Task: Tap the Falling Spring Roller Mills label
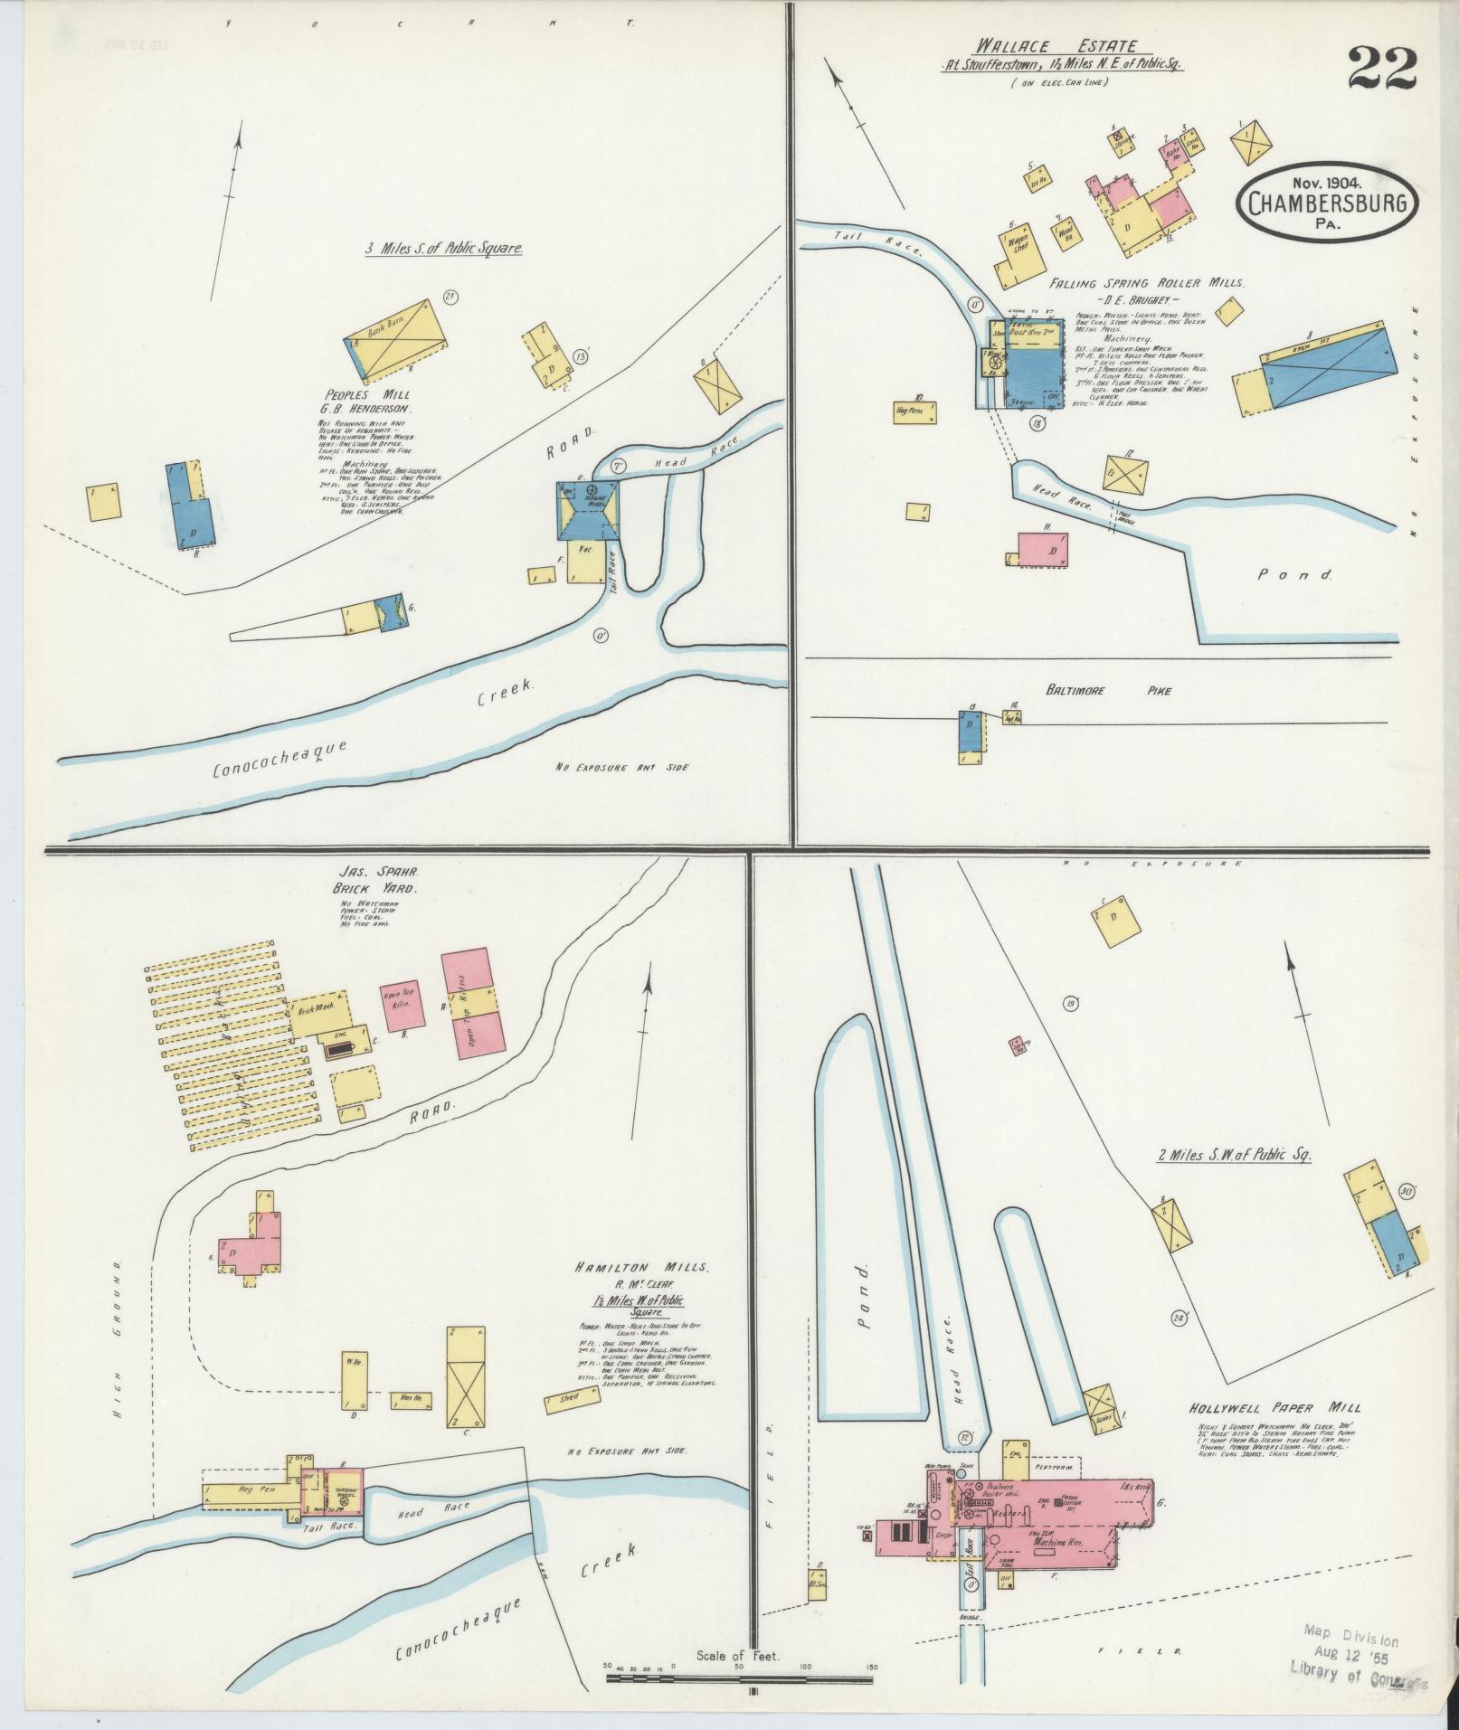(1147, 283)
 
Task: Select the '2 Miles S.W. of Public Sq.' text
(1234, 1155)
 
